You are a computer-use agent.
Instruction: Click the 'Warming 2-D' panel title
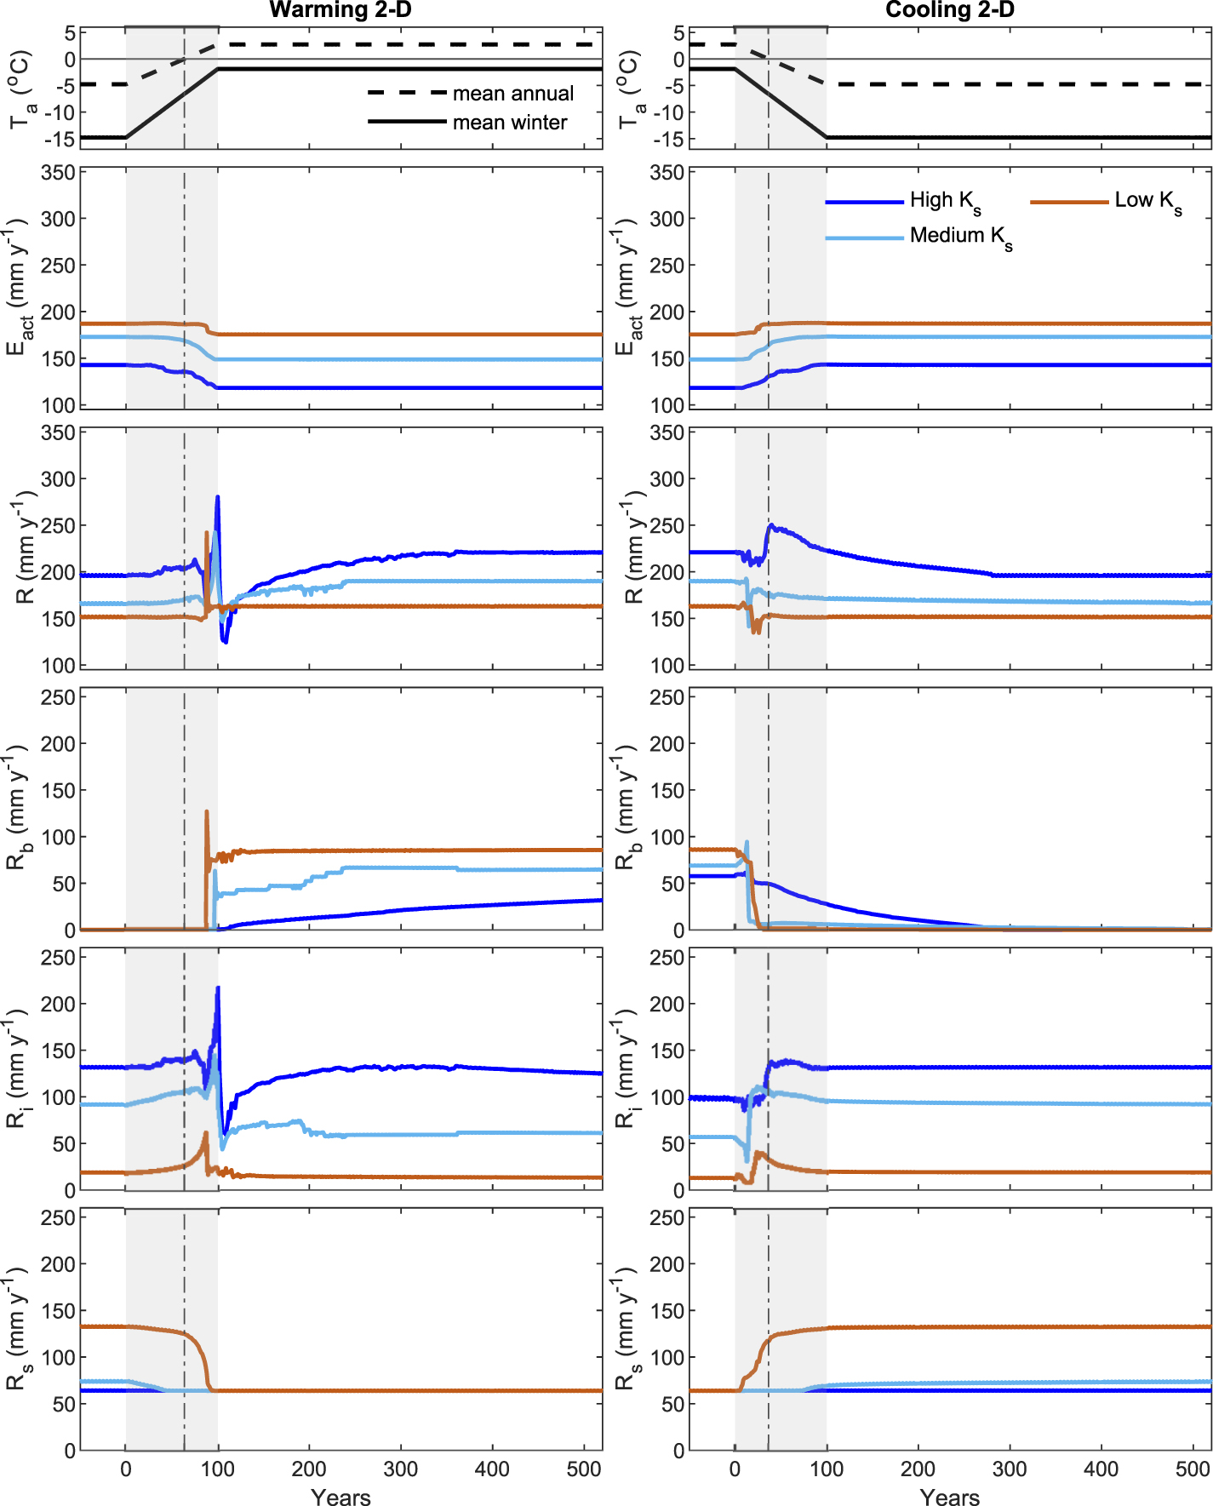pyautogui.click(x=340, y=10)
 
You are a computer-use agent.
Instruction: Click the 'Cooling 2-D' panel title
pyautogui.click(x=950, y=10)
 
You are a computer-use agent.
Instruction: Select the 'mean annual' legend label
pyautogui.click(x=512, y=93)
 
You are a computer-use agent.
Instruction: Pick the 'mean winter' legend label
pyautogui.click(x=509, y=123)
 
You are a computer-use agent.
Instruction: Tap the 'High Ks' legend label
pyautogui.click(x=945, y=201)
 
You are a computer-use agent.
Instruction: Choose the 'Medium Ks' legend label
pyautogui.click(x=961, y=237)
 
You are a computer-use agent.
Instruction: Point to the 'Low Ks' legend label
pyautogui.click(x=1148, y=201)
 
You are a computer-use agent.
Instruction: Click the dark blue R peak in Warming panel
pyautogui.click(x=218, y=497)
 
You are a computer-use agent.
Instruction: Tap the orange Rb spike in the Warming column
pyautogui.click(x=207, y=812)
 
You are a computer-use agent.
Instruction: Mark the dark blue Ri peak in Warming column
pyautogui.click(x=218, y=988)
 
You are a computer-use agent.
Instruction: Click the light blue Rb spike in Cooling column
pyautogui.click(x=747, y=843)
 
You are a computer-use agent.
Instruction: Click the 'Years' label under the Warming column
pyautogui.click(x=340, y=1497)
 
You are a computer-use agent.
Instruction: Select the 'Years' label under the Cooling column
pyautogui.click(x=950, y=1497)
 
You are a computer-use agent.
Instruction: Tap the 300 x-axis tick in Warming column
pyautogui.click(x=400, y=1468)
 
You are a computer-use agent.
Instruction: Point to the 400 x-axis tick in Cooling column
pyautogui.click(x=1101, y=1468)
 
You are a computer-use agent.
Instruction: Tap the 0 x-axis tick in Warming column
pyautogui.click(x=126, y=1468)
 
